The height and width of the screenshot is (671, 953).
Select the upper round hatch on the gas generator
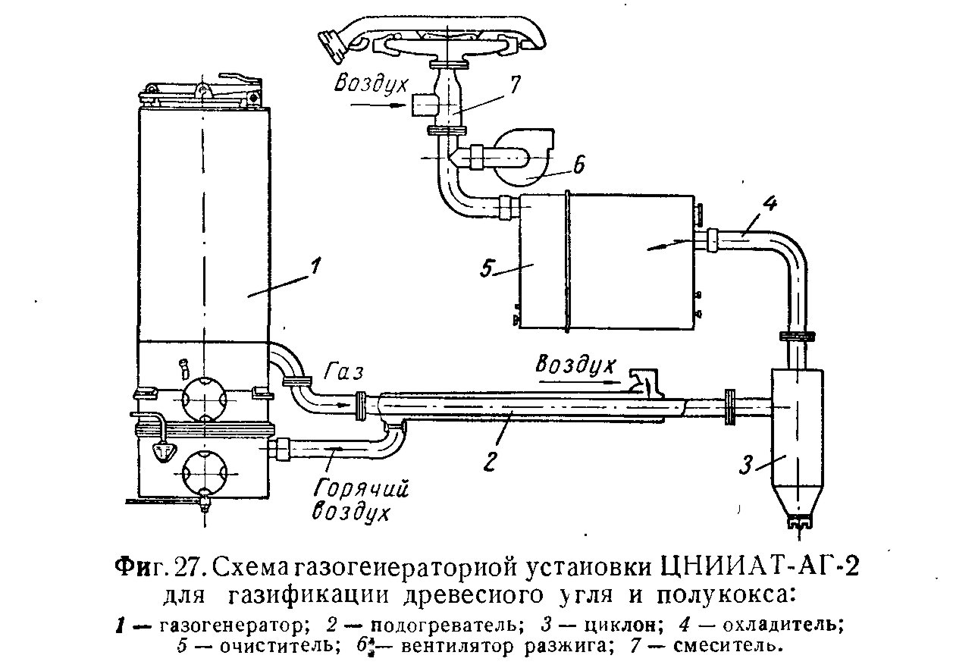pyautogui.click(x=204, y=395)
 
